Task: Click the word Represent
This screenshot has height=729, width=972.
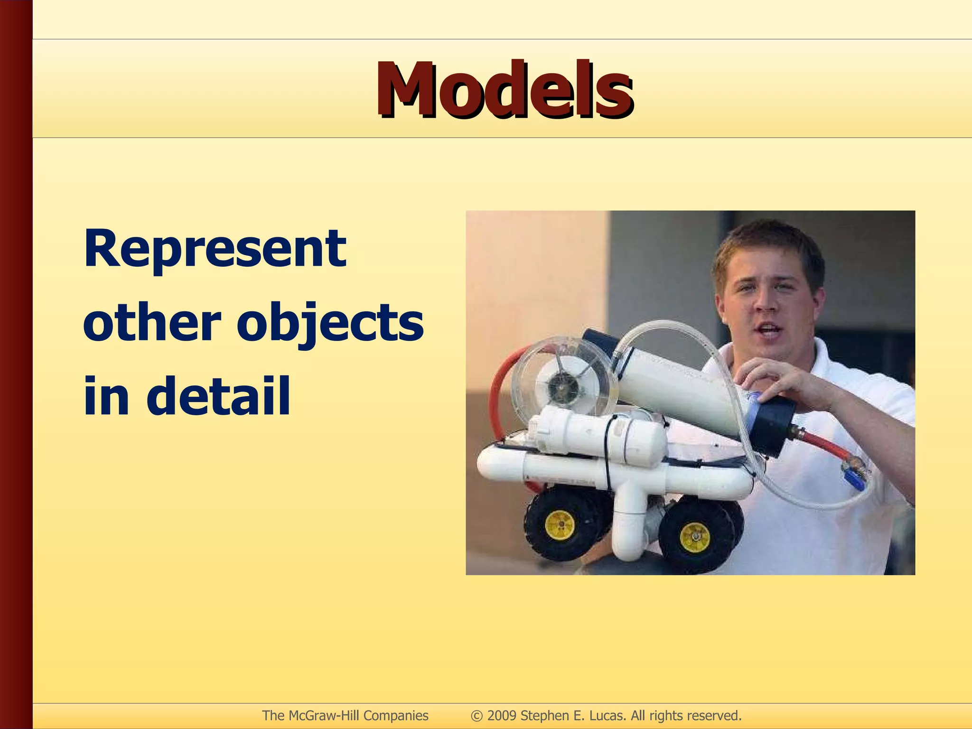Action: point(215,249)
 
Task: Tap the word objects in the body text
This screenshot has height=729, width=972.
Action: point(329,323)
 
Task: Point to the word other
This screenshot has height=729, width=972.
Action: point(152,323)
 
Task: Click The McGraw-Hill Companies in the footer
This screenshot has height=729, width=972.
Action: point(345,715)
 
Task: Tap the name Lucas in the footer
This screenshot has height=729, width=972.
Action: point(607,715)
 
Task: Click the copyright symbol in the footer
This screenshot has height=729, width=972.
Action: point(477,716)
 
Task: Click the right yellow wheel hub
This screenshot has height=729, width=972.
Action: point(694,537)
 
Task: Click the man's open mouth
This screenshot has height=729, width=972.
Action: point(768,329)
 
